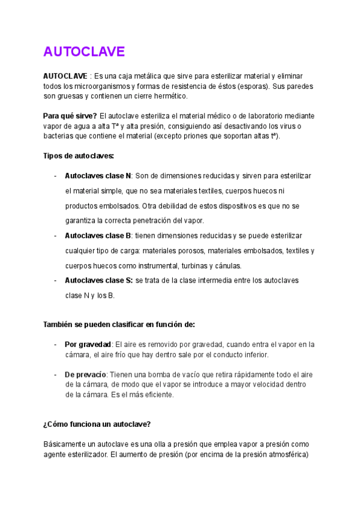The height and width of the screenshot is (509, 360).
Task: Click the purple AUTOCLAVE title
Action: click(83, 52)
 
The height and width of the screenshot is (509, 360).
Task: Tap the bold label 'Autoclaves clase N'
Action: click(98, 176)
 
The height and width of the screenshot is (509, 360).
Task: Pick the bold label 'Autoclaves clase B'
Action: click(98, 236)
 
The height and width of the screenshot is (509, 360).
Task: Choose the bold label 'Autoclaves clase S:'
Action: click(99, 280)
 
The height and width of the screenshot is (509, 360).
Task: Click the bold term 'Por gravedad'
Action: click(88, 345)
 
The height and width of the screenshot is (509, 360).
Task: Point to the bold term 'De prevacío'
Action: click(85, 375)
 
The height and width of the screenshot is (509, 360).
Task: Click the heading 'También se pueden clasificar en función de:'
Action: click(119, 325)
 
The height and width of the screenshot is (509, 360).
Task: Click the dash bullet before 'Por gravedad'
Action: click(55, 345)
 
